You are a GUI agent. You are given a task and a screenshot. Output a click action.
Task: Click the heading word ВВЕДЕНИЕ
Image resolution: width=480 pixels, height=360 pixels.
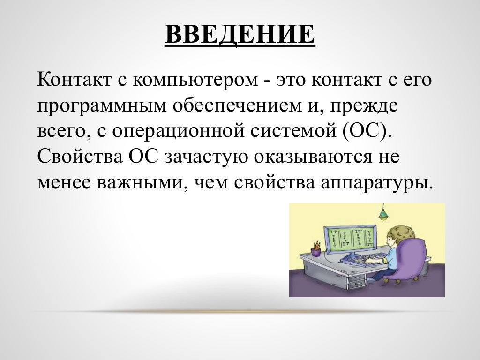click(240, 35)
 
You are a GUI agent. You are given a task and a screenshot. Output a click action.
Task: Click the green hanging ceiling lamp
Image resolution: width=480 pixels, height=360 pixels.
click(384, 214)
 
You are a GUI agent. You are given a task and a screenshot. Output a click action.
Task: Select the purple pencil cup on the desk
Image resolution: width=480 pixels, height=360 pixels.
click(315, 252)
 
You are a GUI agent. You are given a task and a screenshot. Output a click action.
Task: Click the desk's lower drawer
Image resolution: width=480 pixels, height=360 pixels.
click(357, 283)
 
